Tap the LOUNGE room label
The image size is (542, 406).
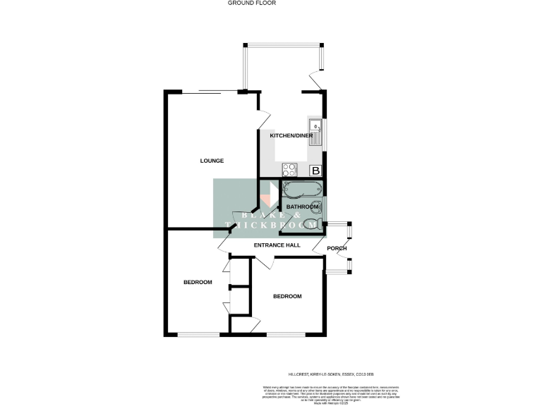pyautogui.click(x=212, y=161)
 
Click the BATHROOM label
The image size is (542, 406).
pyautogui.click(x=302, y=207)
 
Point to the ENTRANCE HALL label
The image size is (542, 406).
pyautogui.click(x=277, y=245)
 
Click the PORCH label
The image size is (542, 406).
pyautogui.click(x=337, y=247)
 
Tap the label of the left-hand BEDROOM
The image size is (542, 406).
pyautogui.click(x=198, y=283)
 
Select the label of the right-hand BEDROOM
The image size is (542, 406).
pyautogui.click(x=287, y=297)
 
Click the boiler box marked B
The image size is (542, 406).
pyautogui.click(x=316, y=171)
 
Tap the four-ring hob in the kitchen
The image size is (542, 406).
pyautogui.click(x=289, y=169)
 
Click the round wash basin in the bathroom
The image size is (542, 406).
pyautogui.click(x=317, y=207)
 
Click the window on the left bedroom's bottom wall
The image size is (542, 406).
pyautogui.click(x=189, y=334)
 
